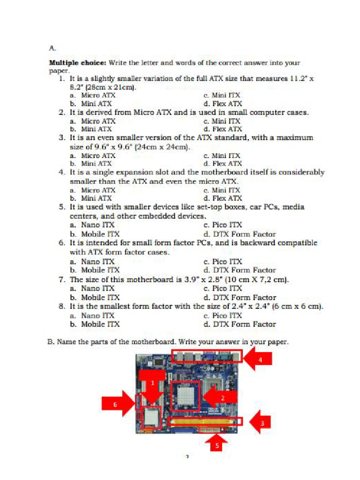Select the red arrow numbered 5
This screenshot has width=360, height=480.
(217, 442)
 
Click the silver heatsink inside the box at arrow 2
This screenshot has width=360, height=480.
(186, 395)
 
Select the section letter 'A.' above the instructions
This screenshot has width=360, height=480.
(52, 48)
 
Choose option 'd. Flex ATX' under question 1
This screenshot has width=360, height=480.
(223, 104)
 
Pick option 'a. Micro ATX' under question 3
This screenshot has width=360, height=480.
(92, 155)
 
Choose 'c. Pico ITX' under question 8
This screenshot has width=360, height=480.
(223, 315)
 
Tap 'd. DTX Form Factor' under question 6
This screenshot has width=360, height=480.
(239, 270)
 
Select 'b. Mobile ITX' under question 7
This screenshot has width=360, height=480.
(94, 297)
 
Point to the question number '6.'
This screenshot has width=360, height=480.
(61, 243)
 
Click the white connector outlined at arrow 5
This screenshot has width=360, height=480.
(210, 430)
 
